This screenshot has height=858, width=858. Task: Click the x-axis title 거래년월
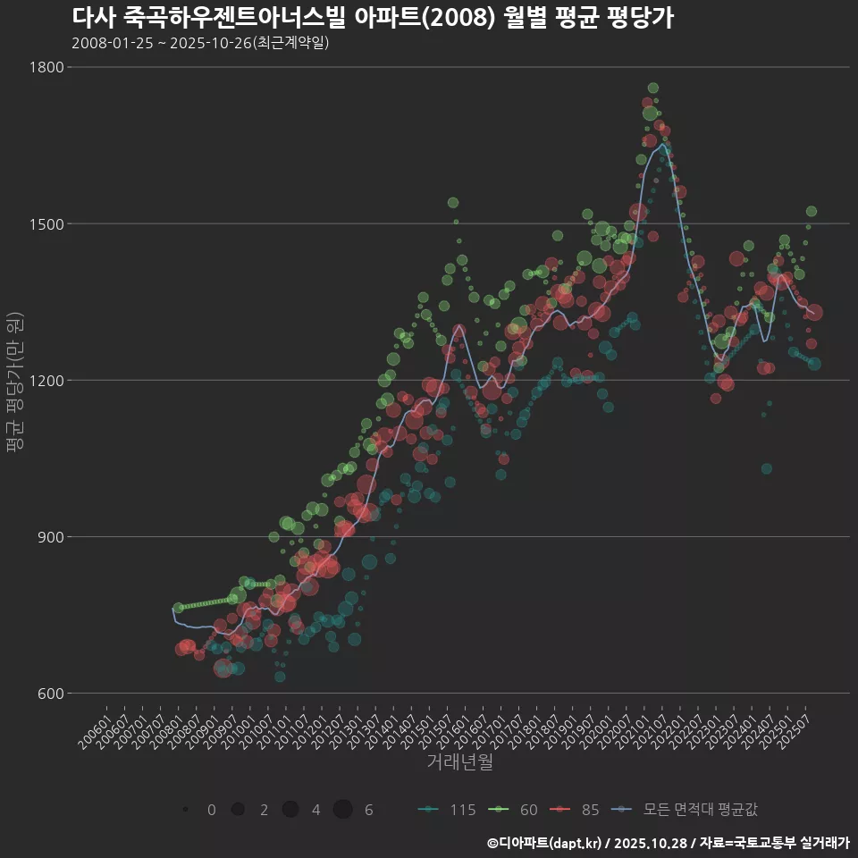pyautogui.click(x=459, y=762)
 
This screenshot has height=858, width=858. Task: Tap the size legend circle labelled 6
pyautogui.click(x=343, y=810)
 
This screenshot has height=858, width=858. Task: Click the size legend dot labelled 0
pyautogui.click(x=185, y=810)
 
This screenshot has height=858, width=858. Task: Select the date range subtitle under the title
pyautogui.click(x=200, y=42)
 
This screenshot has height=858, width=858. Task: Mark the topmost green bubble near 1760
pyautogui.click(x=653, y=88)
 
